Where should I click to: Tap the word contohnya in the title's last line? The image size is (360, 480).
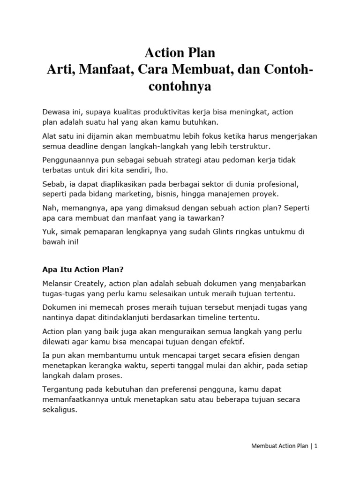click(180, 87)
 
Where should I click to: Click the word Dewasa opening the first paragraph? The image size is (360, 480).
click(55, 112)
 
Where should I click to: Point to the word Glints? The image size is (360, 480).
click(225, 232)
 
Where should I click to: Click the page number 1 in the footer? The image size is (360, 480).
click(316, 446)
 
